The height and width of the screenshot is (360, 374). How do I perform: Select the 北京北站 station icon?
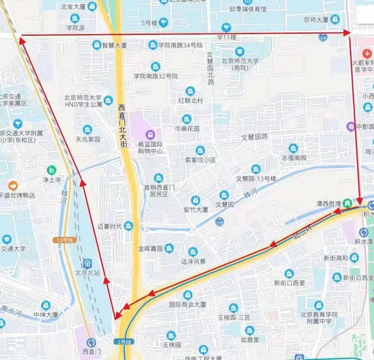87,263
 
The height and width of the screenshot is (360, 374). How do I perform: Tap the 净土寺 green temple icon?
51,170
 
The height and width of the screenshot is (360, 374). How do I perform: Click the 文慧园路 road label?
254,137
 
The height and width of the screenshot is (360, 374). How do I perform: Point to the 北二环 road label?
302,232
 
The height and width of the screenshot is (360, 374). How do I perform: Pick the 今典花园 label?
187,129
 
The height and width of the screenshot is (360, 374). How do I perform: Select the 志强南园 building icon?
293,148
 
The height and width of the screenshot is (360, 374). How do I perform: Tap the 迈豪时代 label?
110,226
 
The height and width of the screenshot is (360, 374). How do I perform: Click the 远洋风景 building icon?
193,252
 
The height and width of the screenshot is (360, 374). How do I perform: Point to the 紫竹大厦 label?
196,210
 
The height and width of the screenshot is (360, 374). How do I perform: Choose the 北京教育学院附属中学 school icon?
319,306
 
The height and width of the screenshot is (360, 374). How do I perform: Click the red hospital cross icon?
367,54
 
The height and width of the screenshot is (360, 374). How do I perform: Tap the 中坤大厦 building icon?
46,305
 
